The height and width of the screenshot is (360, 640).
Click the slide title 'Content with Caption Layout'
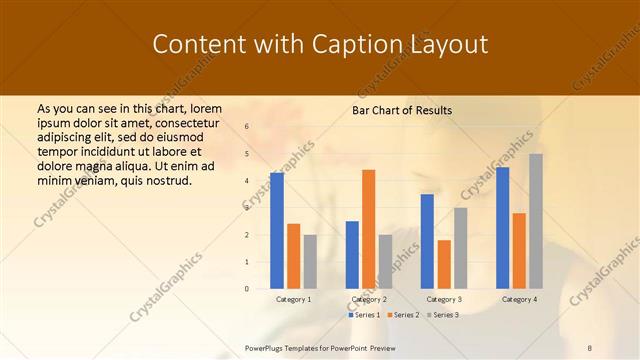pos(319,45)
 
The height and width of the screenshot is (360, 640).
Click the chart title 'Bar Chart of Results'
pos(402,110)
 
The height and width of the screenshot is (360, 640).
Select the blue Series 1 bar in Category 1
pos(277,231)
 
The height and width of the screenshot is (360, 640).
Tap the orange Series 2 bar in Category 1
pos(293,256)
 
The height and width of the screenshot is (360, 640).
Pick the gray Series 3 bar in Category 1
pos(310,262)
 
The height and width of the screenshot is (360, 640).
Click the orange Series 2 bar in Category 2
pos(369,229)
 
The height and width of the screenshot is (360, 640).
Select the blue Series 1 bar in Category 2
pos(352,255)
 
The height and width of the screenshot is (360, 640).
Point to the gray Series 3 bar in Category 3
pos(460,248)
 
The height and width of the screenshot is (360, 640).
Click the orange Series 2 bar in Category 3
pos(444,264)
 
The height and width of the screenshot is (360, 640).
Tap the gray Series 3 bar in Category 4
pos(536,221)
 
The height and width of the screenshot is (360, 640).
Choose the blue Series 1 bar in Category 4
pos(502,228)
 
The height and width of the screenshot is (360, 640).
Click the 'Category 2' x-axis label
pos(369,299)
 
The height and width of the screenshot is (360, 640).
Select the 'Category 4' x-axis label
pos(519,299)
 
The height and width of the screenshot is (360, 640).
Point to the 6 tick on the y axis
pos(247,127)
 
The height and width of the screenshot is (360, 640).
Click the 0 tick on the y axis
pos(247,289)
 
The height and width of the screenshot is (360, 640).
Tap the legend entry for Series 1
pos(364,315)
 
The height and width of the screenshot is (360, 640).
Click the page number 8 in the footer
pos(590,347)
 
